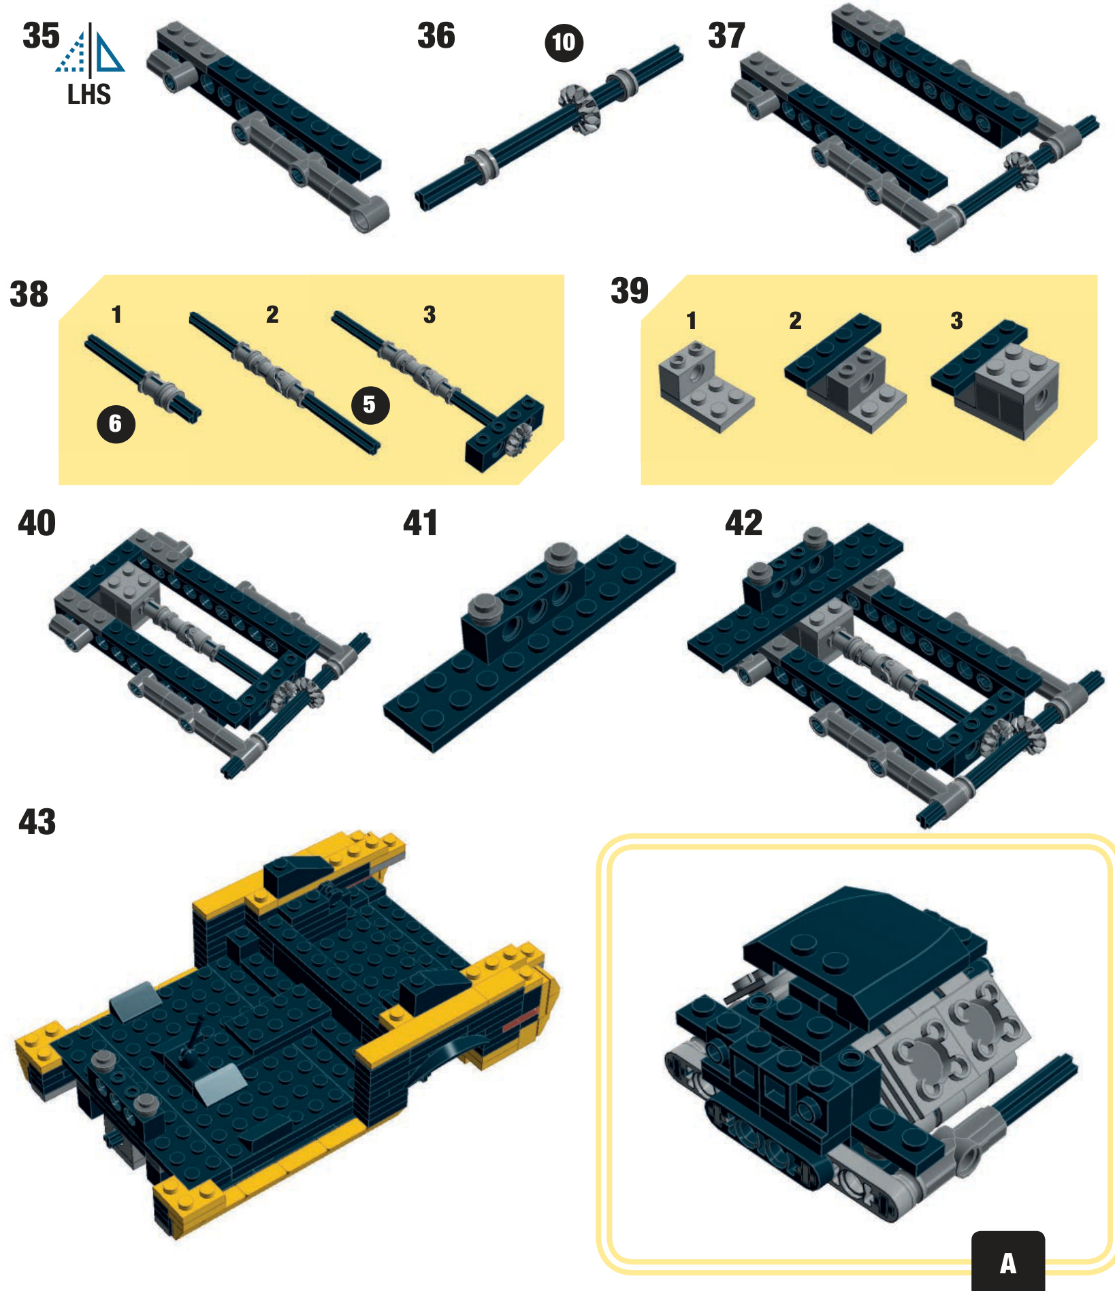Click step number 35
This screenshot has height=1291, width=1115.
(41, 35)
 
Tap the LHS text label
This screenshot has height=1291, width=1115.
(89, 94)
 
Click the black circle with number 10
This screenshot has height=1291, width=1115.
(564, 43)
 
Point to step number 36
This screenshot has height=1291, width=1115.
(436, 35)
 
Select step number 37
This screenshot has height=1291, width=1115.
(726, 35)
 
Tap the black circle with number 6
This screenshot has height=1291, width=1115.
(116, 424)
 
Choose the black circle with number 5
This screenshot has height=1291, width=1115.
(370, 405)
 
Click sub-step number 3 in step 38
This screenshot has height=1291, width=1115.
(430, 315)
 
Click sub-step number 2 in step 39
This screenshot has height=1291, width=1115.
(795, 321)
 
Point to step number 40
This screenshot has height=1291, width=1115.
(37, 523)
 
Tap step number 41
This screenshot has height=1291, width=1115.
(421, 523)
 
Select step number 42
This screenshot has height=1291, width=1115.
(743, 523)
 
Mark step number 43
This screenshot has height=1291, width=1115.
(37, 821)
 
